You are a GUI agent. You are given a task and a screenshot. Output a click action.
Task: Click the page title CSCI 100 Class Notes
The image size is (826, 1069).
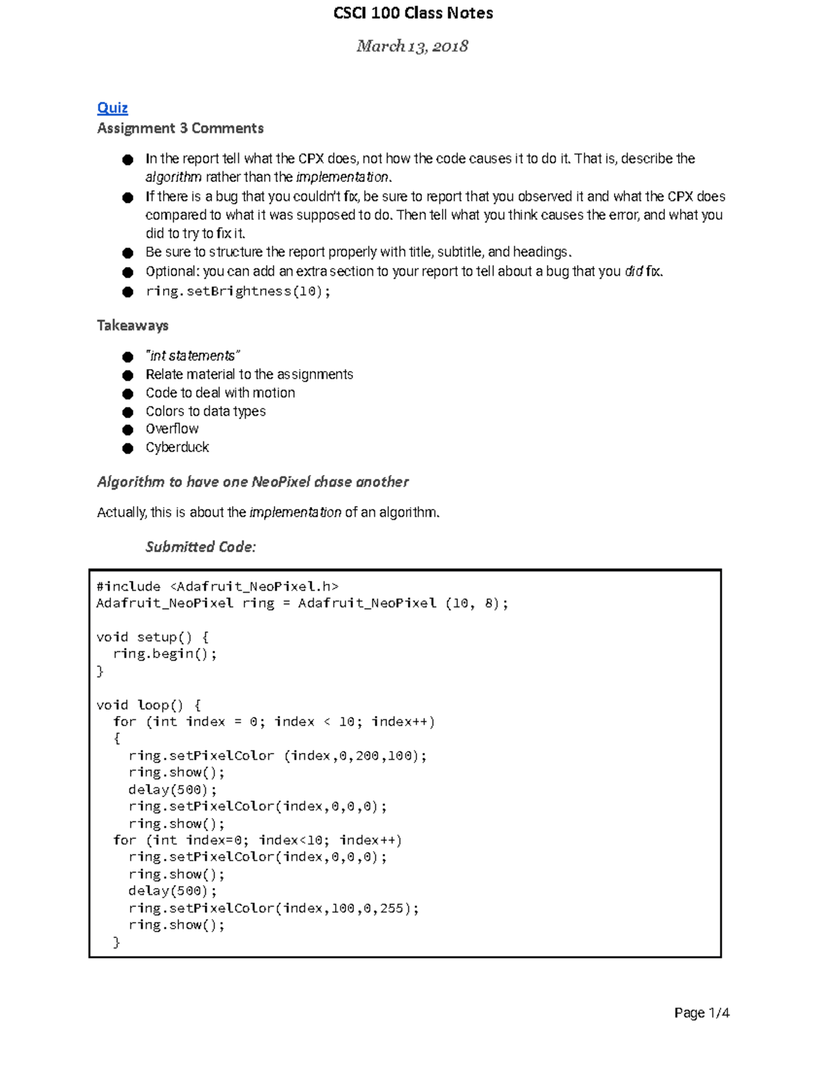pos(413,13)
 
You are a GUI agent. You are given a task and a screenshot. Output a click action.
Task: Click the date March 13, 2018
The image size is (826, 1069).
pos(412,46)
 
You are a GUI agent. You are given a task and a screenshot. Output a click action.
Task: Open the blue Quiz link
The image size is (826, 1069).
pos(112,107)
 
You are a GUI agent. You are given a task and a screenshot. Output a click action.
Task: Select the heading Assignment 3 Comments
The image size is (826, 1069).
pos(180,128)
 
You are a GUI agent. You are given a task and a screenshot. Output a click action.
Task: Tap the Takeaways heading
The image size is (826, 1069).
pos(133,326)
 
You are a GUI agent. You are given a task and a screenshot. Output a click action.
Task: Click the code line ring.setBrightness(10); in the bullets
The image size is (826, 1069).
pos(238,291)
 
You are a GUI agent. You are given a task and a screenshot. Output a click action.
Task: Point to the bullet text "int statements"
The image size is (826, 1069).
pos(192,356)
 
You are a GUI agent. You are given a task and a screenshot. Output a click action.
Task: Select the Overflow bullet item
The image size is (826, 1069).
pos(172,429)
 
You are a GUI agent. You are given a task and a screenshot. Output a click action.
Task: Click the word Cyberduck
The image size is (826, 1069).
pos(177,447)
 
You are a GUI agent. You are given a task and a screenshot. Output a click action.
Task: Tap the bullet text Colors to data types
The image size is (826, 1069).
pos(205,411)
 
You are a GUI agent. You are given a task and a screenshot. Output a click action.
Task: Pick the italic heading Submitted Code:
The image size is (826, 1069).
pos(200,547)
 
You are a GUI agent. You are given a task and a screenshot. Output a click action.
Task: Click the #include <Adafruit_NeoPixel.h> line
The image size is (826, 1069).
pos(218,586)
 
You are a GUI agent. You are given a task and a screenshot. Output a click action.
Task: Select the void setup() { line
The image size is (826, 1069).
pos(152,637)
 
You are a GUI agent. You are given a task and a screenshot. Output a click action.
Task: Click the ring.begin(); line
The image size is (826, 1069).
pos(165,654)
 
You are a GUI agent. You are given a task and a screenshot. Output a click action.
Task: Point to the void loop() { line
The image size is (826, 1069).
pos(149,705)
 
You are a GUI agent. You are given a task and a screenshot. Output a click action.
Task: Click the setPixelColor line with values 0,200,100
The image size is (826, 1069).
pos(277,756)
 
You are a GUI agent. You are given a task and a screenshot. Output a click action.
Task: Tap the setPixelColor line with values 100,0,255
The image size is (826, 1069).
pos(273,908)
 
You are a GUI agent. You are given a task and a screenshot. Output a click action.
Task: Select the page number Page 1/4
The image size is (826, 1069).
pos(701,1013)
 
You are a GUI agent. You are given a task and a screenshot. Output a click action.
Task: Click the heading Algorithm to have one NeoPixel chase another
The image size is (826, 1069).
pos(253,482)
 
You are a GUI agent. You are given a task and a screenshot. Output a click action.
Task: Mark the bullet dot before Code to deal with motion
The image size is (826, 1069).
pos(127,394)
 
